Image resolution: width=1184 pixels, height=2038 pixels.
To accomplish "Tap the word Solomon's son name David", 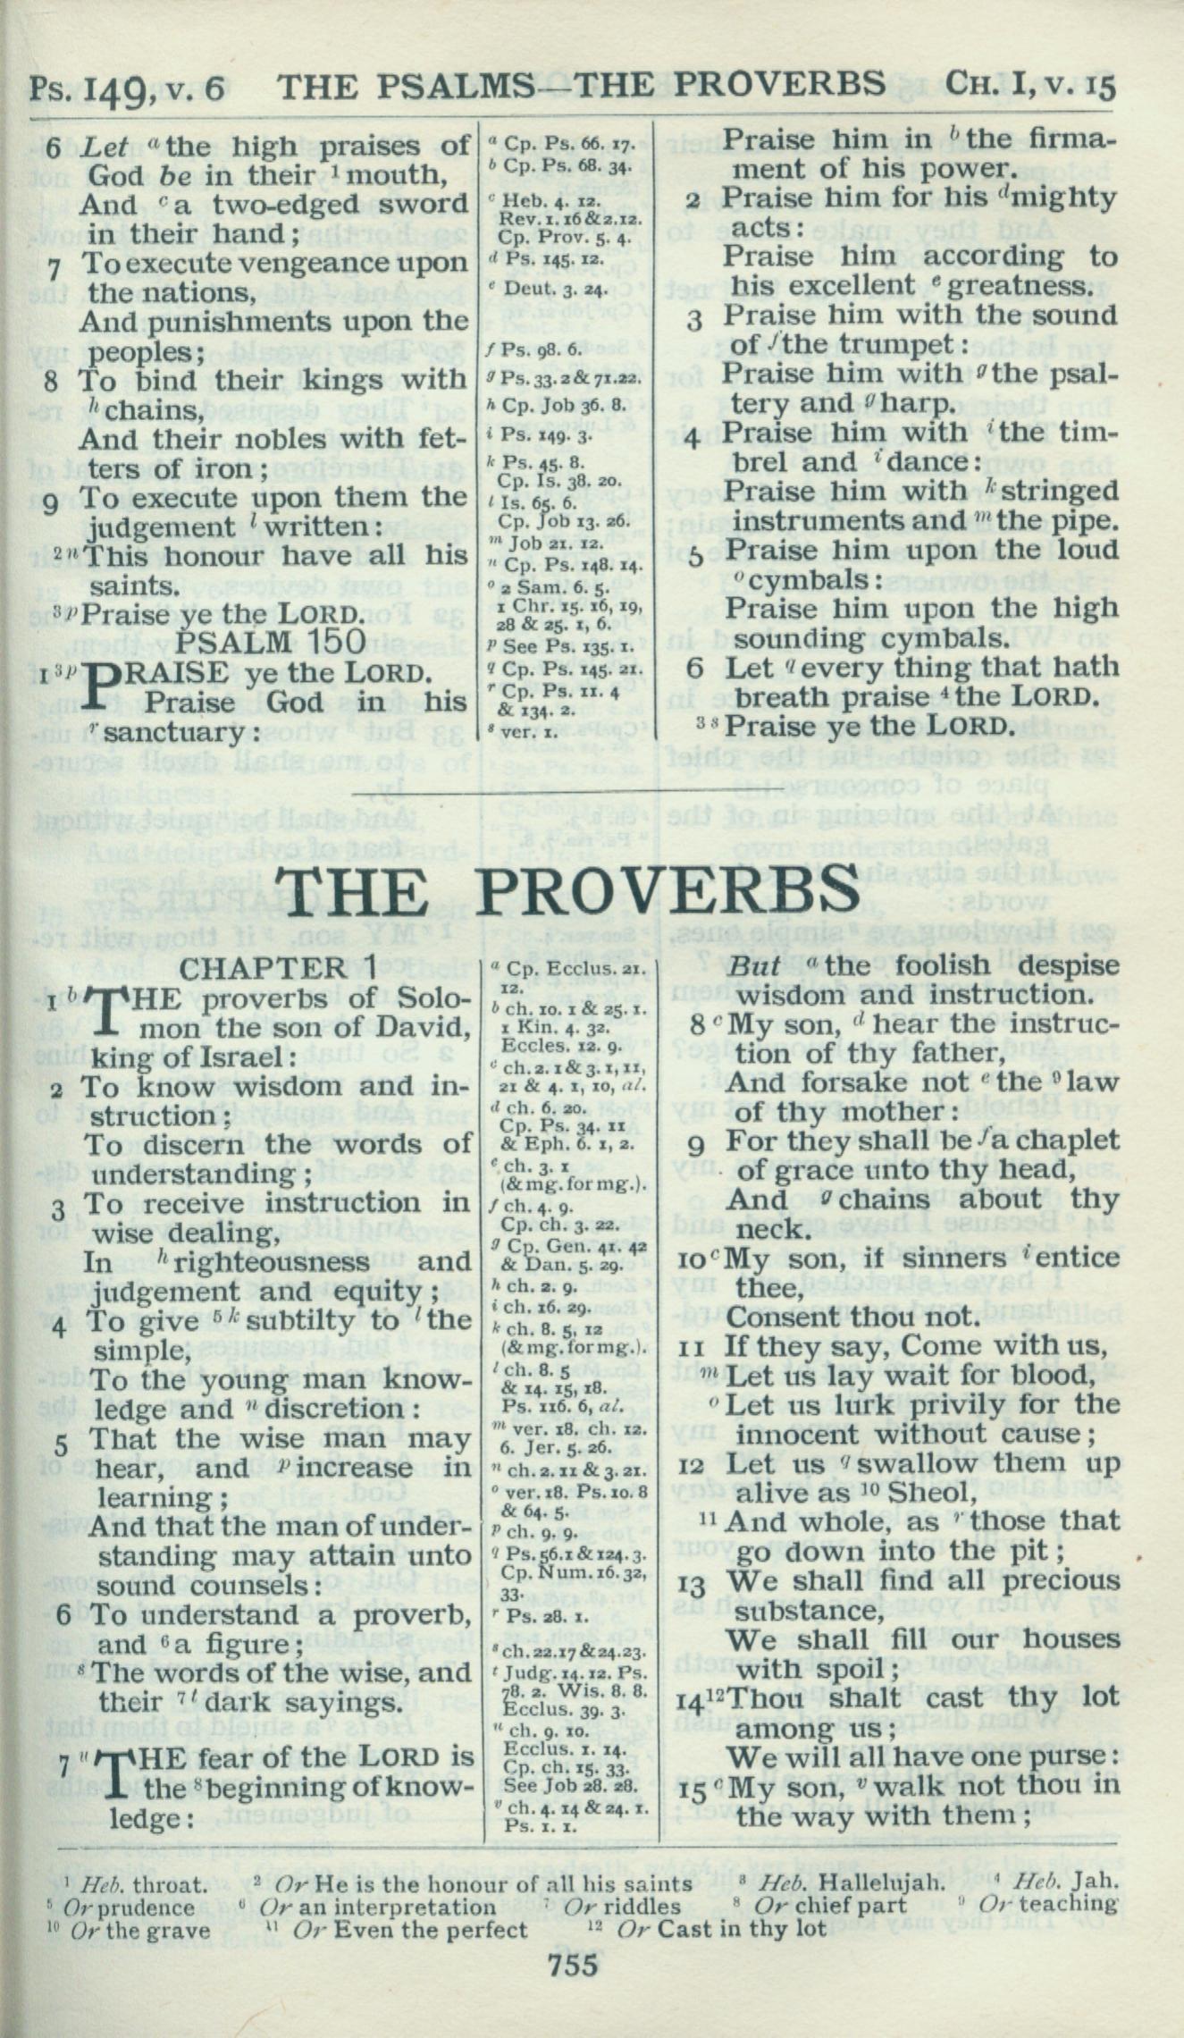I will point(424,1027).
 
